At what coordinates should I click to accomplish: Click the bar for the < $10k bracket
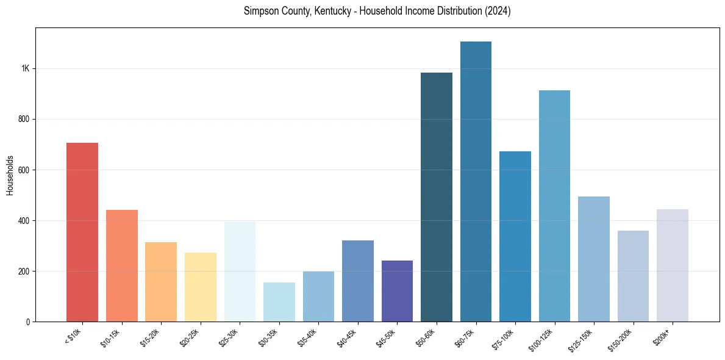tap(82, 232)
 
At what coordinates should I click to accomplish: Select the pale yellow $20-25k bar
tap(201, 287)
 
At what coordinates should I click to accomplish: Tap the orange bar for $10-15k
tap(122, 265)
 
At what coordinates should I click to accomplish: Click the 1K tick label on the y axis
tap(25, 68)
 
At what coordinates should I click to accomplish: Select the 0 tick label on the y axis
tap(27, 322)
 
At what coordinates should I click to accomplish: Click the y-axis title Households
tap(10, 175)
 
